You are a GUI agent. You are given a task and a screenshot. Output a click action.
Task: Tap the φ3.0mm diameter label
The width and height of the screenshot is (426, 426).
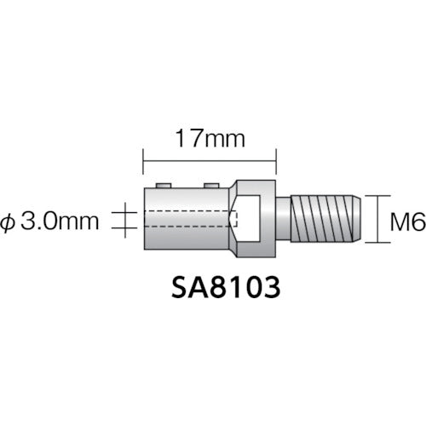point(60,223)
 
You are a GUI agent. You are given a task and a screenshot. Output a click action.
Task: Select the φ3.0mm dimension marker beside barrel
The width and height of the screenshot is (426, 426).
point(124,223)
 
